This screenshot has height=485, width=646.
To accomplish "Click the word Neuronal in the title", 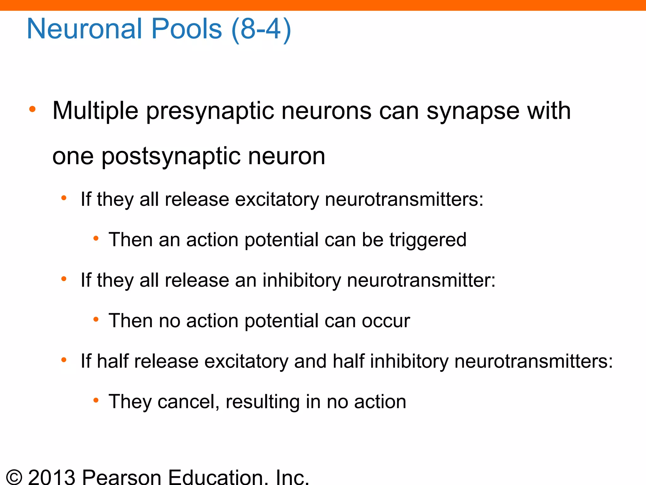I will (84, 29).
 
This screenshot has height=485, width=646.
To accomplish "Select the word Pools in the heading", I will (187, 29).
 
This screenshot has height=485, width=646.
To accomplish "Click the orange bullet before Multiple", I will (32, 110).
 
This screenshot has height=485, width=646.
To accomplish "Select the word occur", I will (386, 321).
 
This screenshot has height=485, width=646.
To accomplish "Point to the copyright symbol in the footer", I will (14, 477).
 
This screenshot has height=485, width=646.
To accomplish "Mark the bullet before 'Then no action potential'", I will (96, 320).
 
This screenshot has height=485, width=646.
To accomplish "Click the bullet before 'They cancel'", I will (96, 401).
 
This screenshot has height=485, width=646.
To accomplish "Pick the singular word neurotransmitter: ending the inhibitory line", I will (421, 280).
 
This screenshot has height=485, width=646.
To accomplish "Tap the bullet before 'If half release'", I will (64, 360).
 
